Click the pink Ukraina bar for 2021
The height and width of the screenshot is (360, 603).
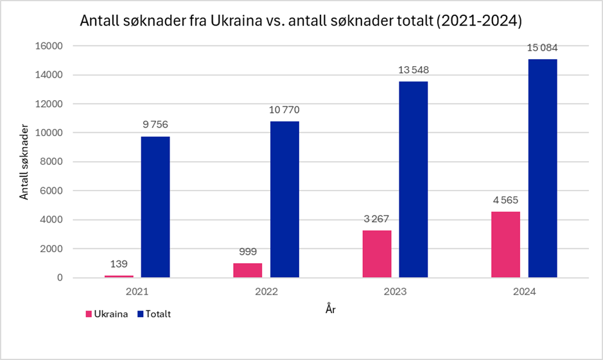click(119, 276)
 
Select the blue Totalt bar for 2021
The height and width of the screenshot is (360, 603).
click(155, 207)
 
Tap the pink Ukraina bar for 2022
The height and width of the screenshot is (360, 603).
click(248, 270)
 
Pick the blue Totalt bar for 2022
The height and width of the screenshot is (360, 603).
click(284, 200)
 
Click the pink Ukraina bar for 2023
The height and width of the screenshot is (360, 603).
click(377, 253)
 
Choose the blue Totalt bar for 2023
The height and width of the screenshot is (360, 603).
click(414, 180)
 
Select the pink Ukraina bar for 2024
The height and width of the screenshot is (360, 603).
click(506, 244)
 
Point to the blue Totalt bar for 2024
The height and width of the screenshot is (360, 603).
click(543, 168)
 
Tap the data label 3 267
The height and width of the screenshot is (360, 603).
click(377, 219)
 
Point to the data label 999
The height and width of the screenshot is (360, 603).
click(248, 252)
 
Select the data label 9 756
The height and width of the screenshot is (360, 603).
click(155, 125)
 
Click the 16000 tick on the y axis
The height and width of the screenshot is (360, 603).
click(49, 46)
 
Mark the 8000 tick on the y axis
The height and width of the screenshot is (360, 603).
click(51, 162)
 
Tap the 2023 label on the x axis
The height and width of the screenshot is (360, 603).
click(395, 292)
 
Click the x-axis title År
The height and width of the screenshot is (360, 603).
click(331, 310)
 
